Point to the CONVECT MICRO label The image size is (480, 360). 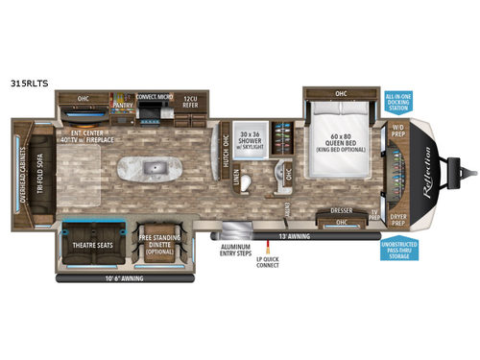154,96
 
